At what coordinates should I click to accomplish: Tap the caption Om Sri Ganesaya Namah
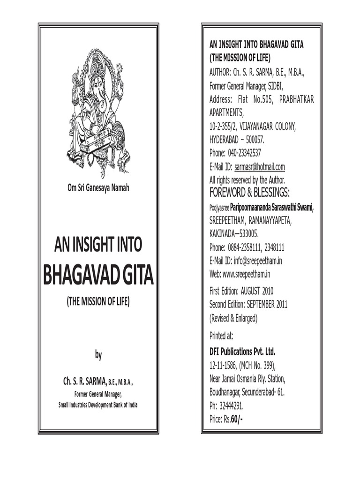click(98, 188)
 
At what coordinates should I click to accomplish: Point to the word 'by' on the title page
click(98, 355)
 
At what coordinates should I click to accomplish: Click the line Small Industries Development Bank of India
click(98, 405)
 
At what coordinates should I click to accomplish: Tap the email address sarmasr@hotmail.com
click(260, 167)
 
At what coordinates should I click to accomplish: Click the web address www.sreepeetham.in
click(247, 274)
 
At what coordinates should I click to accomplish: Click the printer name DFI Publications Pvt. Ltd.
click(242, 352)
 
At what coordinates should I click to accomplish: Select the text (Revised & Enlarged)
click(233, 318)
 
